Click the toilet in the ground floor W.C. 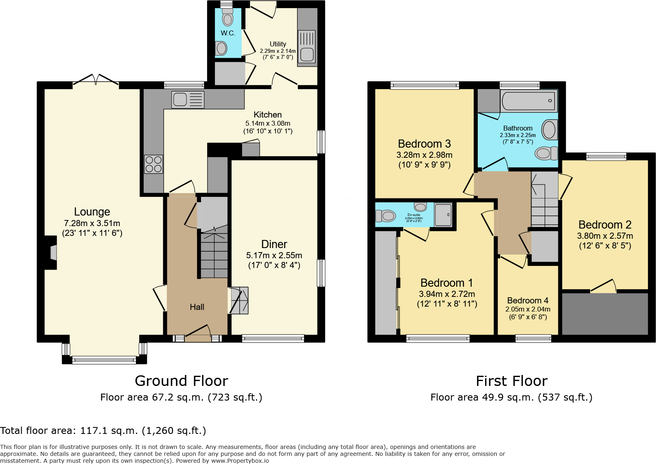click(x=227, y=18)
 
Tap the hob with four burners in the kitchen click(x=153, y=164)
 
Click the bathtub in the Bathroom click(x=528, y=100)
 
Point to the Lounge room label click(x=92, y=212)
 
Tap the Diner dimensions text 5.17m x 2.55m click(x=274, y=255)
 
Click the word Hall click(x=197, y=307)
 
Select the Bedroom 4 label click(x=527, y=301)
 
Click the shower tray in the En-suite click(x=443, y=215)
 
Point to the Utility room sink click(x=306, y=54)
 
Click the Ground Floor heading click(x=181, y=381)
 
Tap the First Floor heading click(x=512, y=381)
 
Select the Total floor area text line click(x=103, y=431)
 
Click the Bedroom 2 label click(x=605, y=225)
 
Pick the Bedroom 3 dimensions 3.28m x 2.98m click(x=424, y=155)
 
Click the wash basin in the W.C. click(x=221, y=48)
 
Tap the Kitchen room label click(x=267, y=115)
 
